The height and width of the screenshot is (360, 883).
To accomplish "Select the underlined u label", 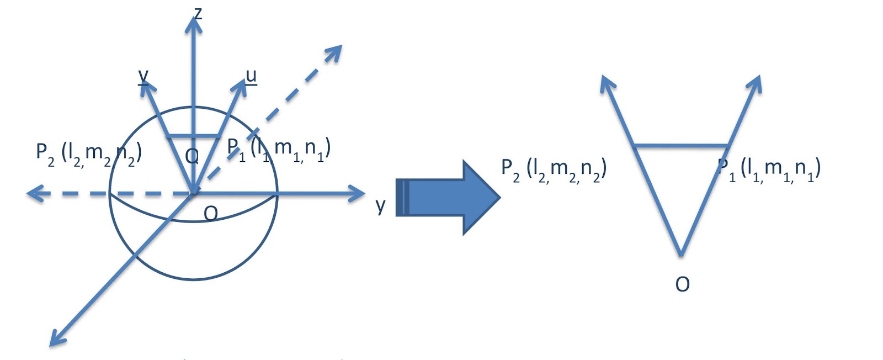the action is click(251, 76).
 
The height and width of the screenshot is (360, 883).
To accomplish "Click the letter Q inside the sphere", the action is click(192, 156).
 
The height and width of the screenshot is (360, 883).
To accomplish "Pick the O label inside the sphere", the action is click(211, 213).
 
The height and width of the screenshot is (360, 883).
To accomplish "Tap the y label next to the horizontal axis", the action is click(380, 205).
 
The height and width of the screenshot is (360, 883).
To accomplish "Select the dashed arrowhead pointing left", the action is click(35, 194).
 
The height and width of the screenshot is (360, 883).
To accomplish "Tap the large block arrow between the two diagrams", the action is click(447, 197).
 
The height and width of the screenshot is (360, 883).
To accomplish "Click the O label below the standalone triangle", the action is click(683, 284).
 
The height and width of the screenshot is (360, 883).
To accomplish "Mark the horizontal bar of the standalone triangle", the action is click(681, 146).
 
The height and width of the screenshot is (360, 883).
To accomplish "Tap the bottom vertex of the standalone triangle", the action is click(681, 255).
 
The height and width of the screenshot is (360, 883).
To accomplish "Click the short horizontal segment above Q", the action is click(194, 136).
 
